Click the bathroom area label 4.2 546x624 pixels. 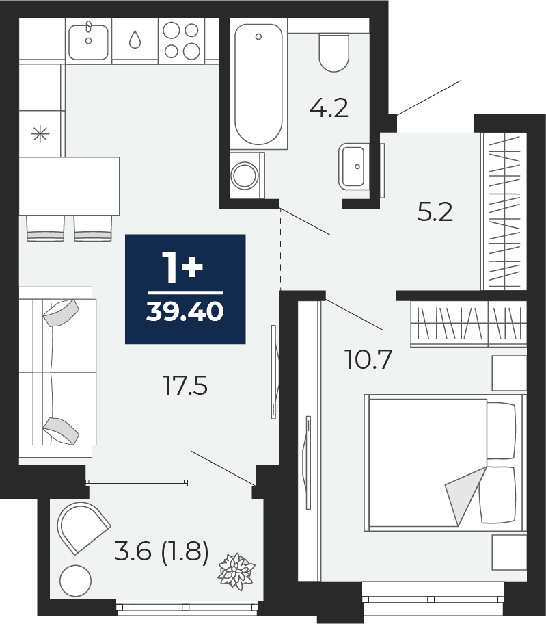[329, 108]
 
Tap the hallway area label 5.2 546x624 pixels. [435, 212]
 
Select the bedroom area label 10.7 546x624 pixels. [370, 359]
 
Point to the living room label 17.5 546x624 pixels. [186, 386]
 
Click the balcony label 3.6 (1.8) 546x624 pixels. [161, 553]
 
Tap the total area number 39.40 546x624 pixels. [185, 311]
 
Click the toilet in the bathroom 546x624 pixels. [333, 52]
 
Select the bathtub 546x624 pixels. [259, 84]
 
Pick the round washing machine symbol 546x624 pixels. [245, 175]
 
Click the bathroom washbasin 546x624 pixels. [352, 166]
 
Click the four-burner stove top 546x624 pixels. [181, 40]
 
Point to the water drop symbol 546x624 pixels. [135, 40]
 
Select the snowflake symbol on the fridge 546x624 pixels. [40, 134]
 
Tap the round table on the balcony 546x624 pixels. [75, 581]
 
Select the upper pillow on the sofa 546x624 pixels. [61, 313]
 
